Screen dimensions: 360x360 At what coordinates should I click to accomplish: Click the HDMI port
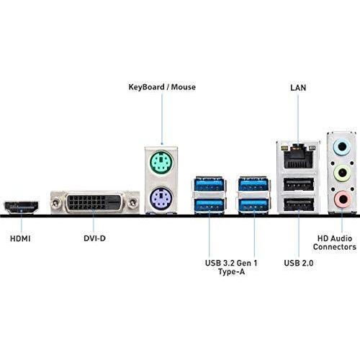22,207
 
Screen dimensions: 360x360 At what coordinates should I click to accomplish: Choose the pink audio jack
341,199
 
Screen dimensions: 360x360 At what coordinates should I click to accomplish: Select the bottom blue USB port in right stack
253,207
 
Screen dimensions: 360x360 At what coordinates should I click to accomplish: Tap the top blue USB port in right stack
253,184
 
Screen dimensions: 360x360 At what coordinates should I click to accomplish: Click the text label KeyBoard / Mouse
162,87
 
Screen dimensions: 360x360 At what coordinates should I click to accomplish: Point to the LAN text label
297,87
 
